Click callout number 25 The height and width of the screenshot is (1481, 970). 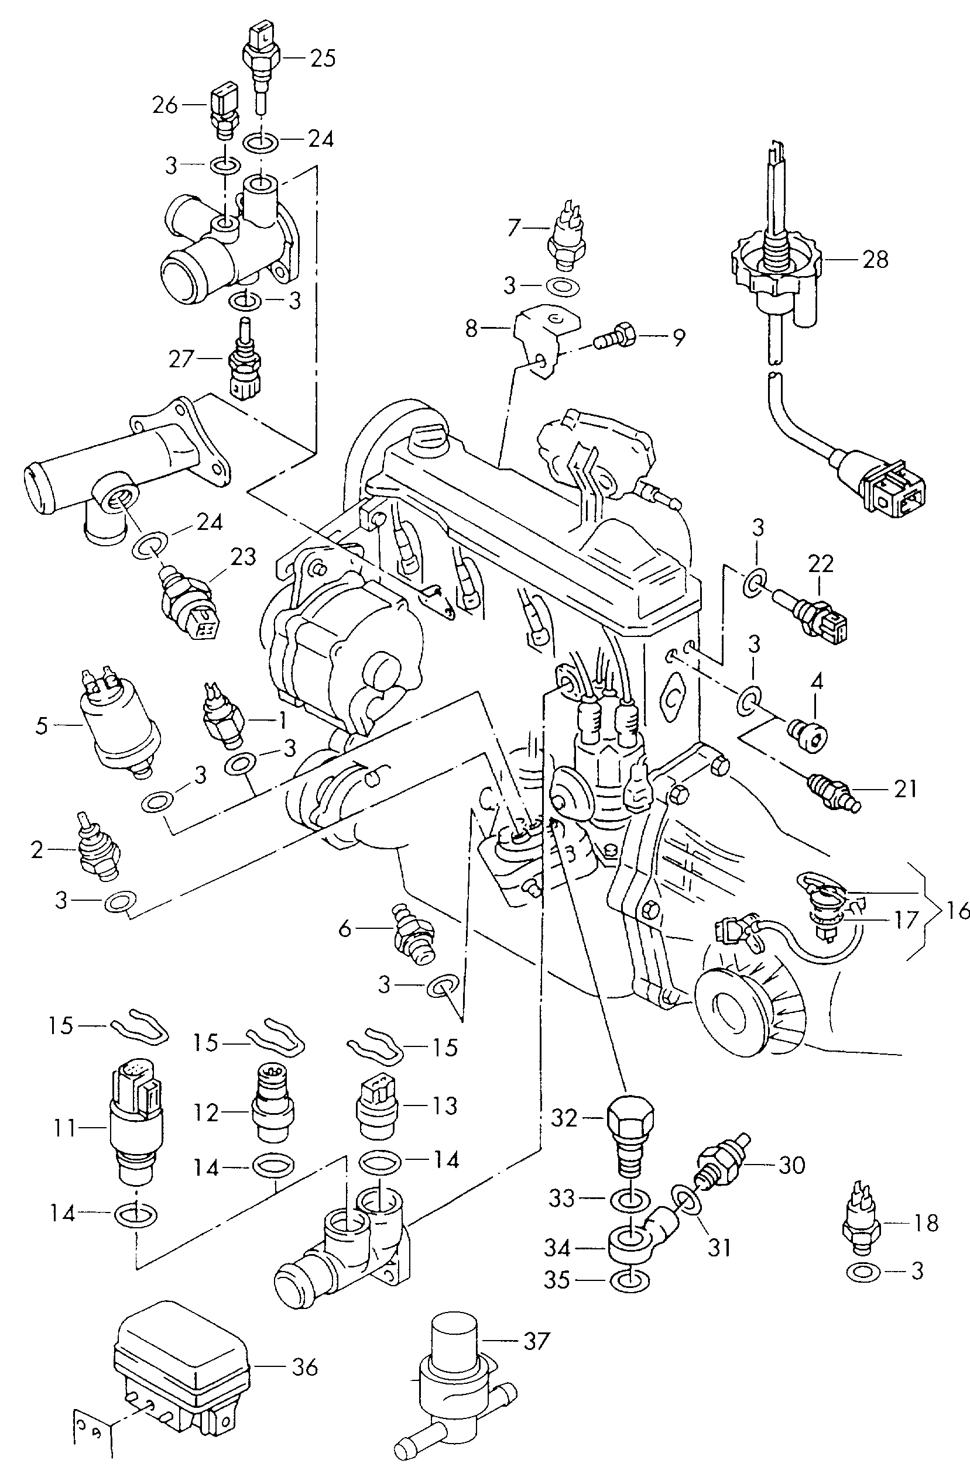click(323, 58)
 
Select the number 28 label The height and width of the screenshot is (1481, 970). click(875, 260)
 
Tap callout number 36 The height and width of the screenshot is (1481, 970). click(304, 1367)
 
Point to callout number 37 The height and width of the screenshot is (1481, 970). click(536, 1341)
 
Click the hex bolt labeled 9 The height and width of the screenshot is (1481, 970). click(616, 337)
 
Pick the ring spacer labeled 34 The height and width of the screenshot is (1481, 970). click(628, 1247)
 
